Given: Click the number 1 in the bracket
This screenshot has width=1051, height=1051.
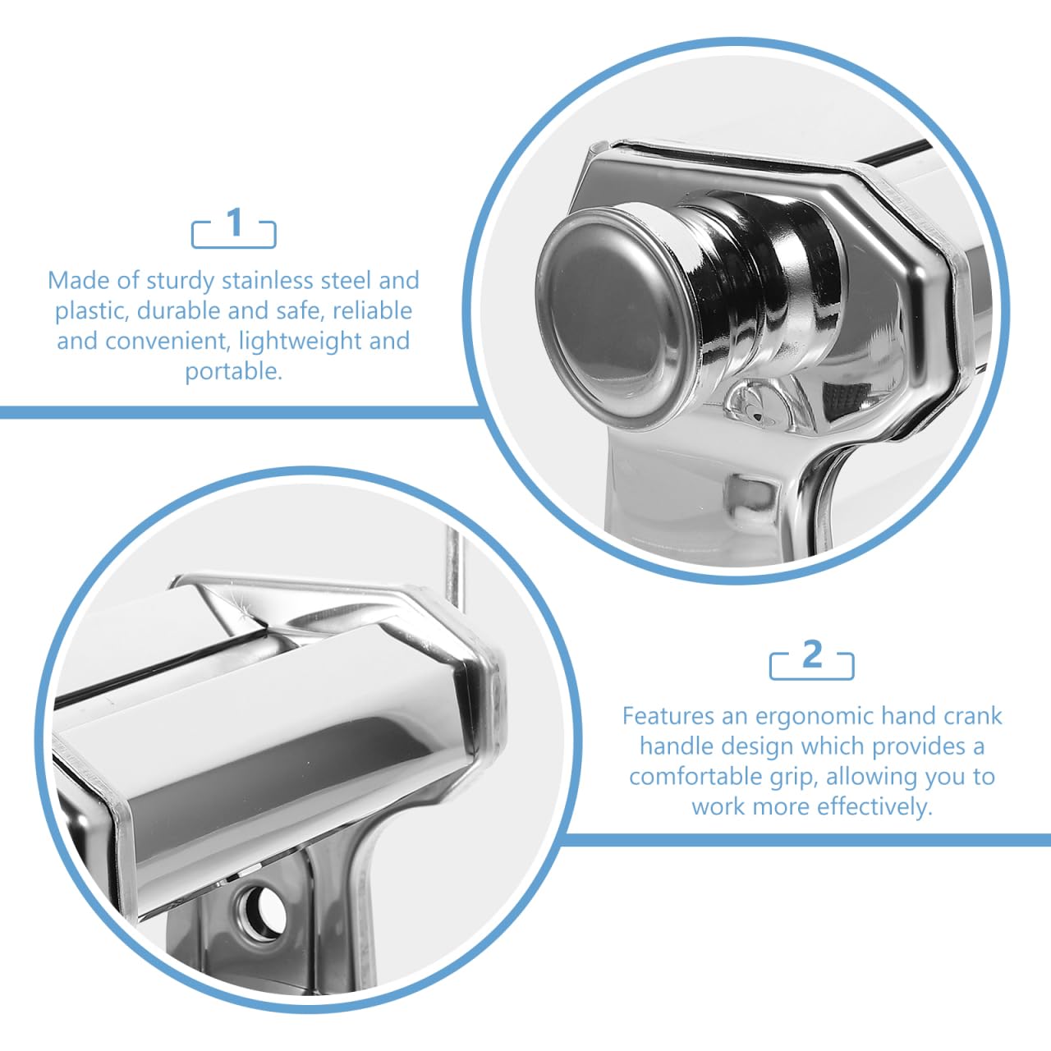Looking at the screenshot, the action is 235,223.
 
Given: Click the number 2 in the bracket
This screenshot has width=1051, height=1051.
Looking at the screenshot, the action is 812,654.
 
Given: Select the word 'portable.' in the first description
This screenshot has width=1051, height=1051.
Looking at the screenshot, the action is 234,373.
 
